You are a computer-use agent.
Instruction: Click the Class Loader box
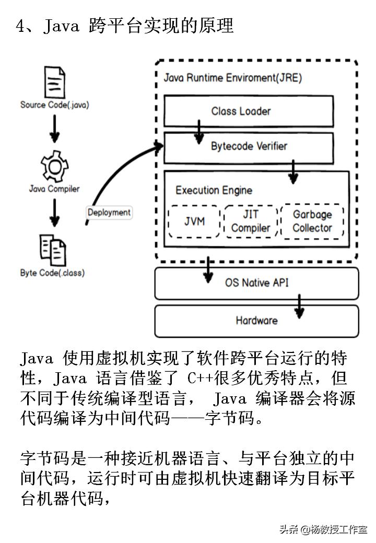pos(249,111)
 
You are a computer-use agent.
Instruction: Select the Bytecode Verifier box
pos(249,147)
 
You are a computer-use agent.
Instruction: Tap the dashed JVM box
pos(194,221)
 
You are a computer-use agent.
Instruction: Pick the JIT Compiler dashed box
pos(251,221)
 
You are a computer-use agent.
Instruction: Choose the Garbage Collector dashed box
pos(312,221)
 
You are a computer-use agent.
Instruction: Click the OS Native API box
pos(256,283)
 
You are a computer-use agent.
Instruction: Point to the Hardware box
pos(256,320)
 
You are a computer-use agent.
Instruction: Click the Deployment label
pos(109,213)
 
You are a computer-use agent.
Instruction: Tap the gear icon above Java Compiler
pos(54,167)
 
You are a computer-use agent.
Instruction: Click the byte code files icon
pos(53,249)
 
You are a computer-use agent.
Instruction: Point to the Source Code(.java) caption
pos(55,105)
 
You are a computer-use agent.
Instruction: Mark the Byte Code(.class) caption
pos(52,273)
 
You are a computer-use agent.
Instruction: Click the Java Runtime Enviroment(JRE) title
pos(233,78)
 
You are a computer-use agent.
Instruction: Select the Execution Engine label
pos(214,191)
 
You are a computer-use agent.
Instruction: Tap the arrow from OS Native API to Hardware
pos(299,306)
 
